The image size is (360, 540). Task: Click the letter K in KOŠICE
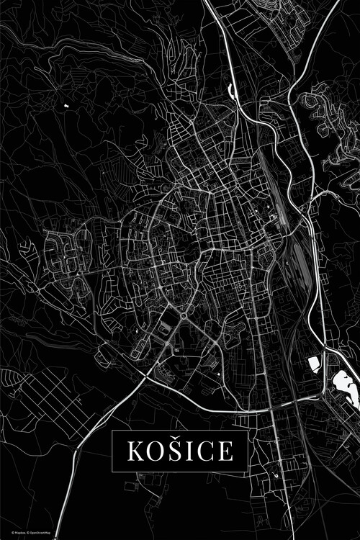(135, 451)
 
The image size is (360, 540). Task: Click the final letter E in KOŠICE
(225, 451)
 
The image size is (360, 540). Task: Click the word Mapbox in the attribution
(12, 534)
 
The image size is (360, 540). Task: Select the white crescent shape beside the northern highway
(231, 91)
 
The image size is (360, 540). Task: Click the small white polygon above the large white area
(314, 364)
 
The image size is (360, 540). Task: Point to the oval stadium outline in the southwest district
(166, 328)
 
